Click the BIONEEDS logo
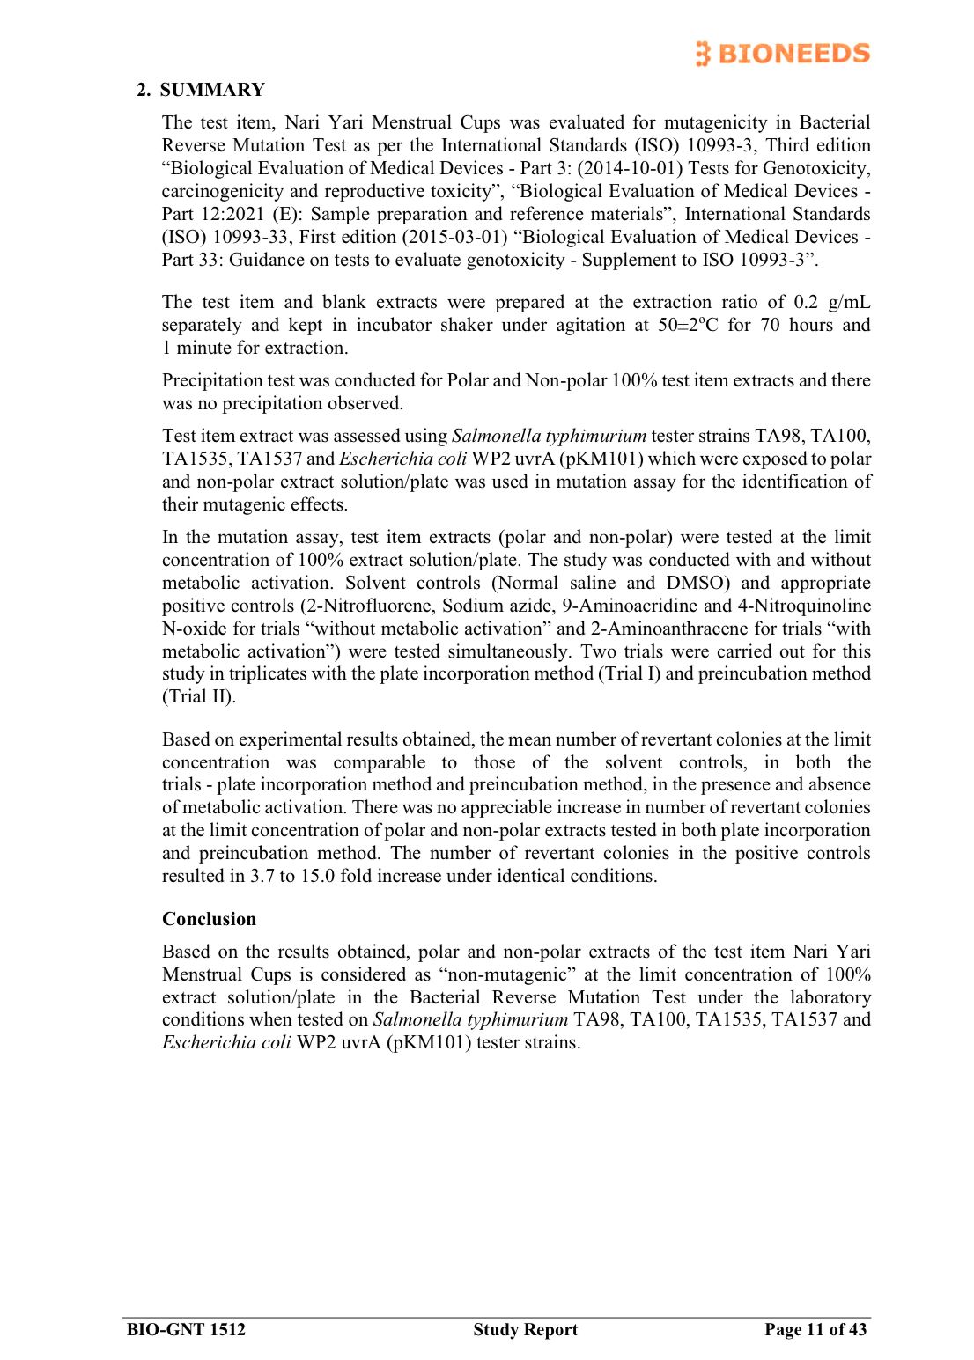tap(782, 54)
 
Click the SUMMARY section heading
tap(211, 90)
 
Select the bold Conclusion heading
tap(209, 919)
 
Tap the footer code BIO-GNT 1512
tap(186, 1329)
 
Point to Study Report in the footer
tap(525, 1329)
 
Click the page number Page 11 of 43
tap(815, 1329)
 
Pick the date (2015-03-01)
tap(454, 237)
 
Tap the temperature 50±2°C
tap(688, 325)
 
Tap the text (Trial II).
tap(199, 696)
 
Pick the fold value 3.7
tap(262, 876)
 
